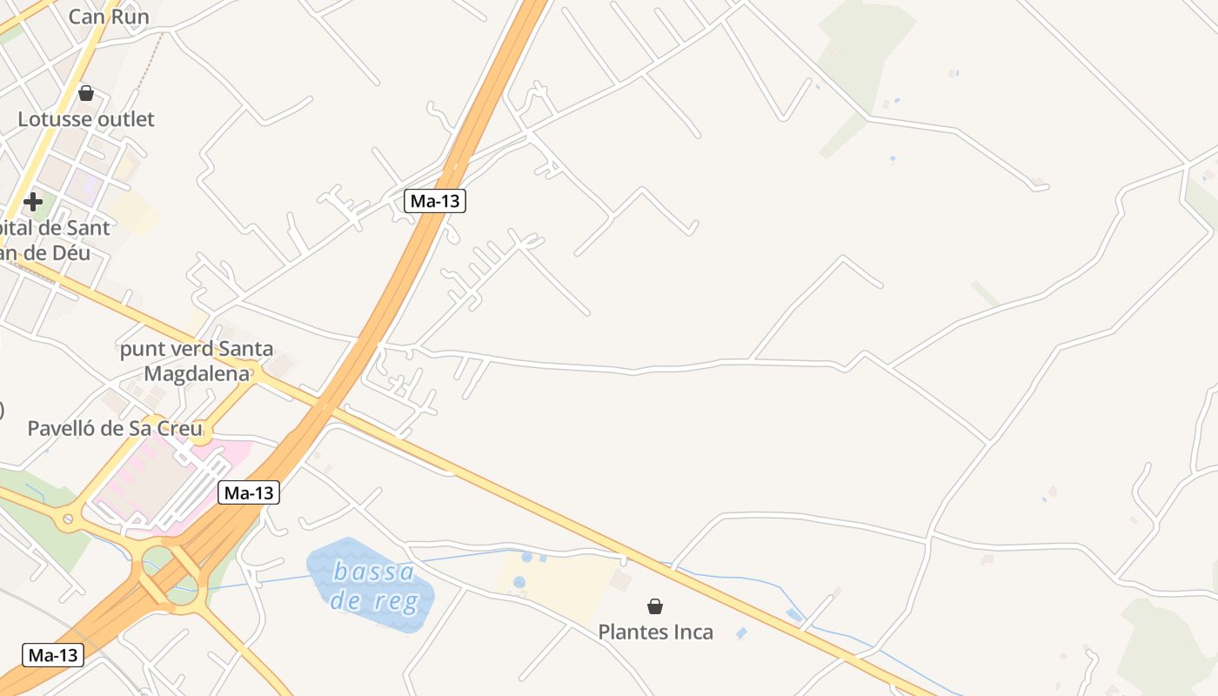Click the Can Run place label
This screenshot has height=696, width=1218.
tap(109, 17)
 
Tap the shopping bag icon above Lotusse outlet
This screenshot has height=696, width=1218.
tap(86, 92)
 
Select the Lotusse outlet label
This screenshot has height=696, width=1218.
tap(86, 119)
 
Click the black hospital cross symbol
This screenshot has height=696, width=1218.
tap(33, 202)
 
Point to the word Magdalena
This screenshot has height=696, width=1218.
tap(197, 373)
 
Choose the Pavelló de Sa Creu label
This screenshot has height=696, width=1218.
tap(115, 428)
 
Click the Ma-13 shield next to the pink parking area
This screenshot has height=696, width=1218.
tap(248, 492)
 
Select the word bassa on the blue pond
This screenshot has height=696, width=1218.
tap(373, 572)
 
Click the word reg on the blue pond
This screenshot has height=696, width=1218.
tap(392, 600)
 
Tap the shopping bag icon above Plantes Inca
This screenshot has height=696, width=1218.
tap(655, 606)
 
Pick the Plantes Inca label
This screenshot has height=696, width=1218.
tap(655, 632)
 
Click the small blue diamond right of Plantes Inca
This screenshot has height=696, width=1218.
tap(740, 633)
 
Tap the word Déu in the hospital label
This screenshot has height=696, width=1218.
tap(70, 253)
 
